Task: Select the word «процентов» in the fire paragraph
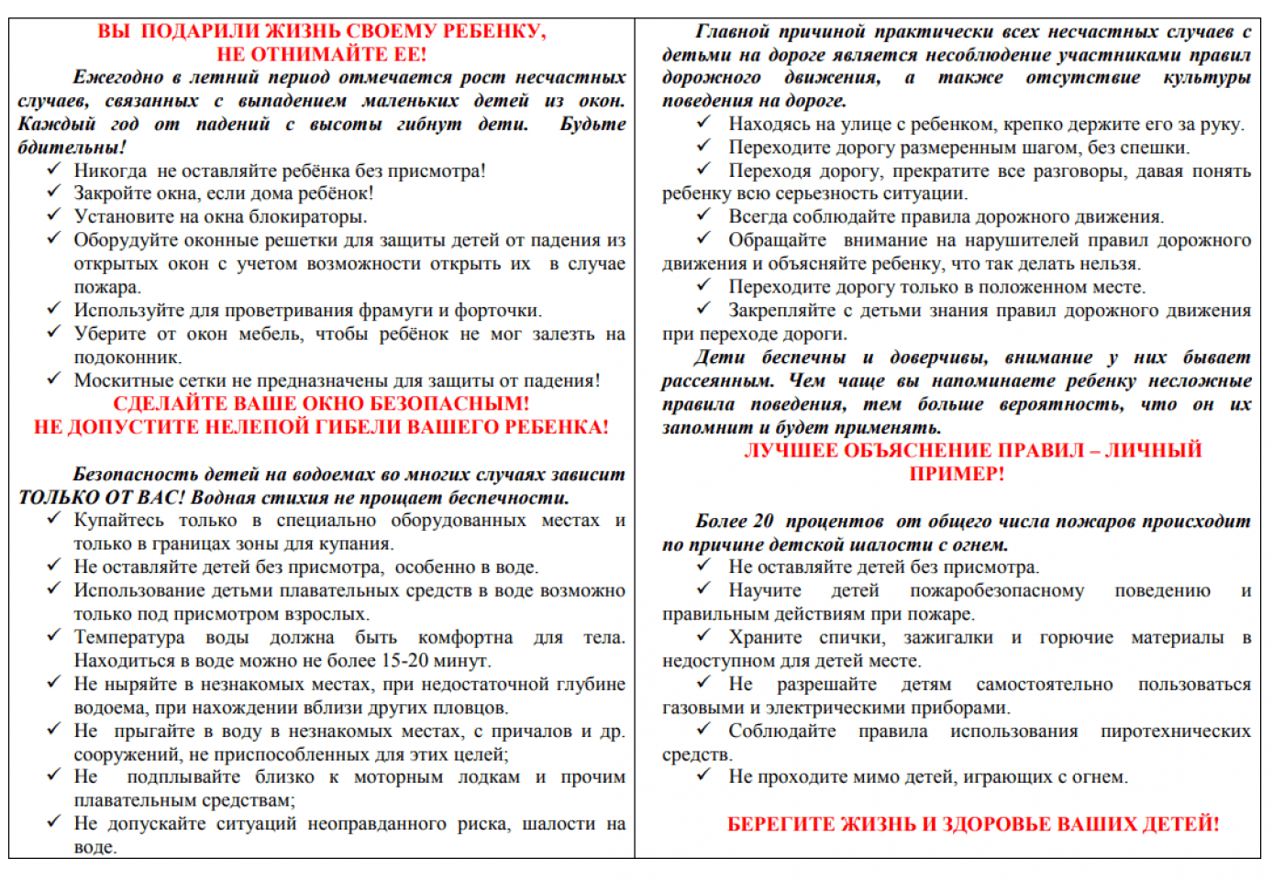[835, 522]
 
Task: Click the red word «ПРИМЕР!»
[957, 474]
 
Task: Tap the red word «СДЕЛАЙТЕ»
[166, 404]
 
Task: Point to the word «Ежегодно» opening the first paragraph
[116, 77]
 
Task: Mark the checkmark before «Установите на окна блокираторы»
[54, 215]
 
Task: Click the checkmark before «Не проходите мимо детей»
[703, 775]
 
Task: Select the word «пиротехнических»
[1175, 731]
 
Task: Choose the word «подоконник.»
[128, 357]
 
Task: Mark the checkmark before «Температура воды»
[54, 636]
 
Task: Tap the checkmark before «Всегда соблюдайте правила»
[703, 215]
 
